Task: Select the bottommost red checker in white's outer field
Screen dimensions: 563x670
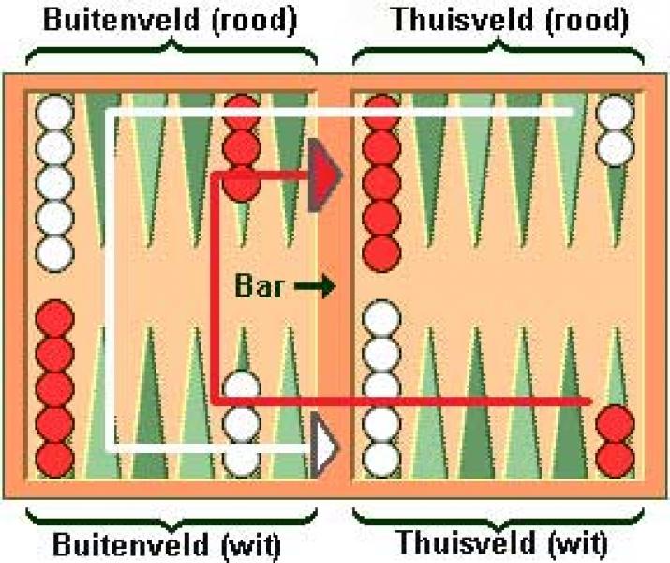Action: point(53,459)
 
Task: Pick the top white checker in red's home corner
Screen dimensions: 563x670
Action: point(616,115)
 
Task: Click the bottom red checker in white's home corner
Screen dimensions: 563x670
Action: point(616,459)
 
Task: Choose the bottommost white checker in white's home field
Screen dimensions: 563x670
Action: point(380,459)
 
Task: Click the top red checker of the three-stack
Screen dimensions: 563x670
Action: point(242,113)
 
